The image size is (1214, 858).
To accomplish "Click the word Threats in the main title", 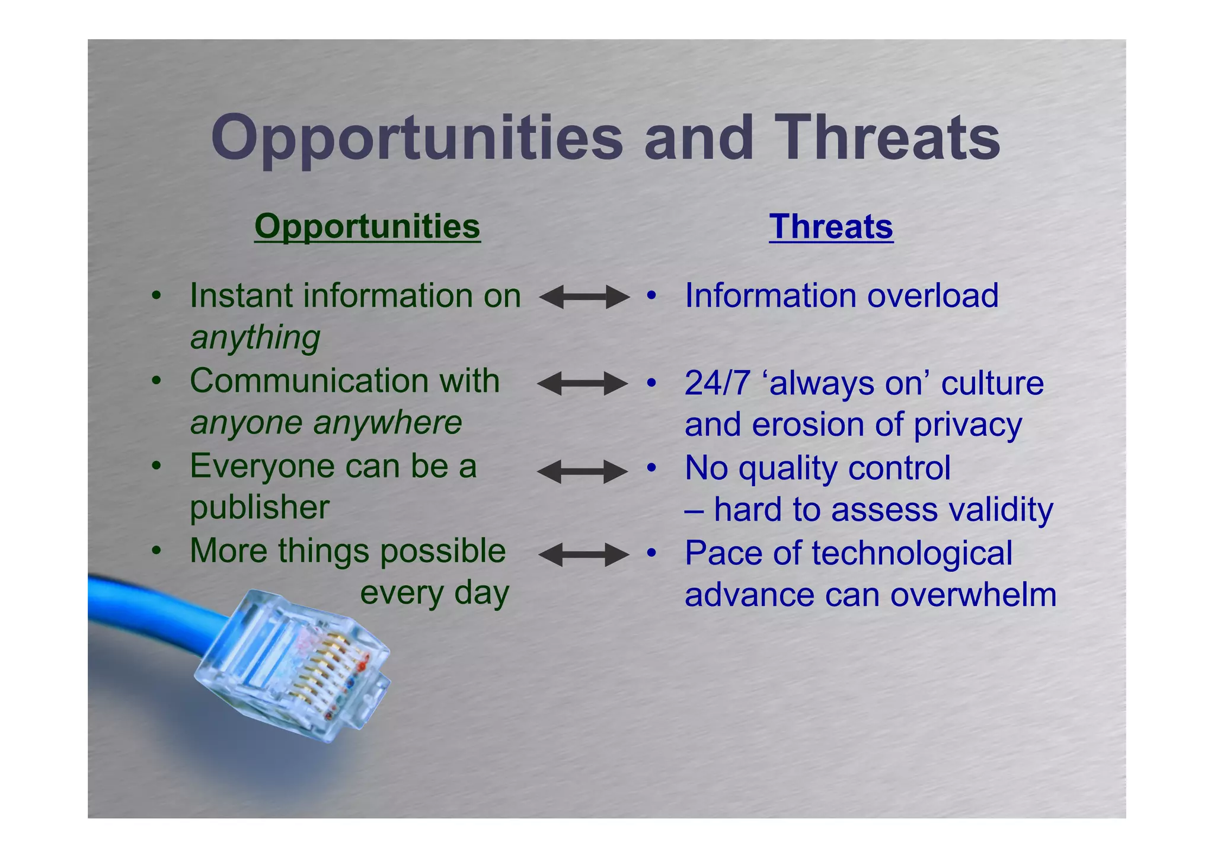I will click(x=887, y=138).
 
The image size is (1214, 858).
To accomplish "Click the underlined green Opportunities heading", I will click(x=367, y=227).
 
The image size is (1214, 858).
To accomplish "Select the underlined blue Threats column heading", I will click(x=830, y=227).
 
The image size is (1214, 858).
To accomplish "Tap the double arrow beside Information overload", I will click(x=584, y=296).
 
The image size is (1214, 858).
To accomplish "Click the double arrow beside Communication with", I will click(x=582, y=384).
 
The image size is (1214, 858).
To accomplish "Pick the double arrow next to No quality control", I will click(x=582, y=472).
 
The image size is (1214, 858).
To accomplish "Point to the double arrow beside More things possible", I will click(x=583, y=555).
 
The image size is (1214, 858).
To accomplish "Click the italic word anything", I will click(x=255, y=338).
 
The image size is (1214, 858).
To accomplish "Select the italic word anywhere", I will click(x=387, y=423).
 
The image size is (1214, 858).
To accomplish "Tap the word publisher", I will click(x=259, y=508).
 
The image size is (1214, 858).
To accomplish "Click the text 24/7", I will click(x=717, y=383).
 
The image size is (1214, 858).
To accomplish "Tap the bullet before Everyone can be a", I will click(x=156, y=467).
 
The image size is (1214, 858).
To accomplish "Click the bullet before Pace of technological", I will click(x=651, y=553).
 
